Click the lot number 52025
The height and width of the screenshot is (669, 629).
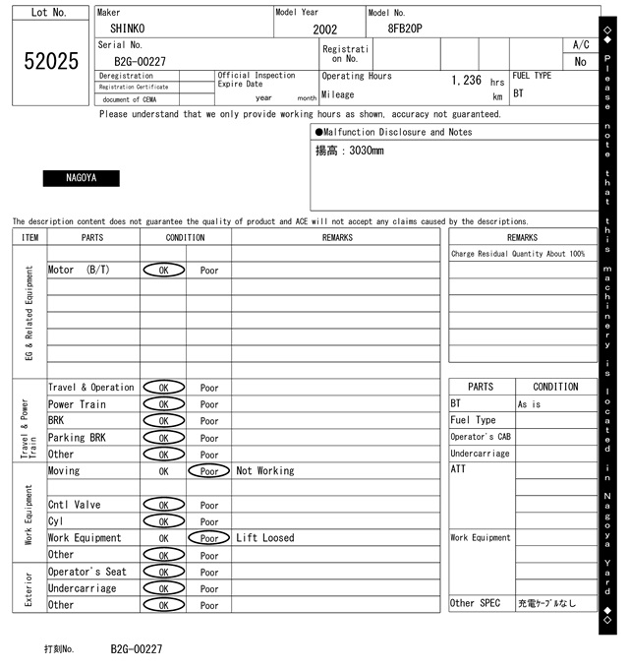50,61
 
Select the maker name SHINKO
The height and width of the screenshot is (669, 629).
127,29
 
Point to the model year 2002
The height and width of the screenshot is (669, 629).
324,30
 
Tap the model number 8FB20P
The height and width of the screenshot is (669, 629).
405,29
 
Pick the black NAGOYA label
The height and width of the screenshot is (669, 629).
81,178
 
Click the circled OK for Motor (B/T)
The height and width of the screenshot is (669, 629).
163,270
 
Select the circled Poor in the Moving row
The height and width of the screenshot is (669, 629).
209,471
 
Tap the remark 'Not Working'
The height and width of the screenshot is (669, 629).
265,471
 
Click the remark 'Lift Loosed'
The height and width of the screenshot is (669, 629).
265,538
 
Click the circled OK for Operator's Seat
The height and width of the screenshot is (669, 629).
163,572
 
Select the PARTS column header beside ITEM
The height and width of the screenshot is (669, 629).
92,237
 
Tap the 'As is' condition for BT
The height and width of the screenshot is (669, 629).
530,404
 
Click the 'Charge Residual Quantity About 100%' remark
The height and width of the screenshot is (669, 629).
518,254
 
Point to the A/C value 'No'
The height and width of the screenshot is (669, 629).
580,61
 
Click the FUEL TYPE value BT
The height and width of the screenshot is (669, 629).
519,94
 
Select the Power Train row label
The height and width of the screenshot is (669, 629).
77,404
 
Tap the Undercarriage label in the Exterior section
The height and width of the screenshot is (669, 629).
82,588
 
